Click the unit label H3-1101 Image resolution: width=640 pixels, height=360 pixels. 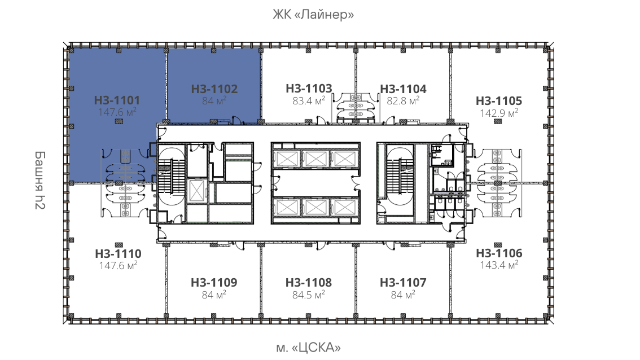point(117,100)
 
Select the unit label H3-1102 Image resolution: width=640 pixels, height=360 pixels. point(214,89)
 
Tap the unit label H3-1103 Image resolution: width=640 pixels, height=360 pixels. point(309,88)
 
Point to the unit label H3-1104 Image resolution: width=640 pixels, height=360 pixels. point(404,89)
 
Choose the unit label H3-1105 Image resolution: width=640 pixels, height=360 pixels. point(499,101)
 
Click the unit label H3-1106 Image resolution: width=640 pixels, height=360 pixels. point(499,253)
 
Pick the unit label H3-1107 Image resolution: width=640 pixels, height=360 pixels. point(403,283)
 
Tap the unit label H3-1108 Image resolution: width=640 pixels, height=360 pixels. point(309,283)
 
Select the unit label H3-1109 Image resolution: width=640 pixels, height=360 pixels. point(214,283)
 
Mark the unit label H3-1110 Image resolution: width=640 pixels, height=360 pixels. point(118,253)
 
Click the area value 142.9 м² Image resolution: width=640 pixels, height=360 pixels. point(499,113)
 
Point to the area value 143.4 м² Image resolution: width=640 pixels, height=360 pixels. point(499,265)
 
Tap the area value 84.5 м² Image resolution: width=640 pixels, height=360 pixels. point(309,295)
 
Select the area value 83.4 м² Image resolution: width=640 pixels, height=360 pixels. point(309,100)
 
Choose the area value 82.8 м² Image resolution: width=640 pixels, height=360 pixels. point(404,100)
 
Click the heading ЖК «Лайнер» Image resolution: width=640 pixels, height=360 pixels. point(313,15)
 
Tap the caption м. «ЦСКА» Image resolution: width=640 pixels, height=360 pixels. point(308,348)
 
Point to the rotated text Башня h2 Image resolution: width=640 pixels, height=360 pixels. point(40,180)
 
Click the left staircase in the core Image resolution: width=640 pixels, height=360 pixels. point(171,176)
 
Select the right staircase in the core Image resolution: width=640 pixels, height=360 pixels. point(400,176)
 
